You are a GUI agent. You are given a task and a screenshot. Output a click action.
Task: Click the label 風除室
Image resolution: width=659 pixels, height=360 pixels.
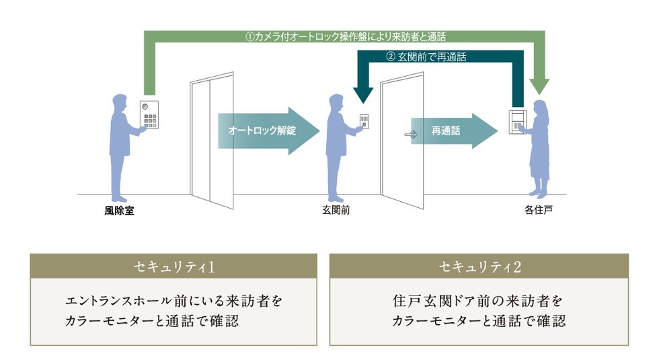[120, 210]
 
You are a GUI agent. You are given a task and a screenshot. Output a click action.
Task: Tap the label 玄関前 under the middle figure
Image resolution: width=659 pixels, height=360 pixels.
[336, 210]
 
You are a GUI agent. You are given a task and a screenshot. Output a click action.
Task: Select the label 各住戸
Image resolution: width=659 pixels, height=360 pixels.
[539, 210]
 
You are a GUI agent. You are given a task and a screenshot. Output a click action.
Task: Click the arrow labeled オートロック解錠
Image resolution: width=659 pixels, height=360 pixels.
[268, 131]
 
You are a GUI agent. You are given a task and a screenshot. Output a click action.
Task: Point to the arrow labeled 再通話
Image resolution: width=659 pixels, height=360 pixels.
[455, 131]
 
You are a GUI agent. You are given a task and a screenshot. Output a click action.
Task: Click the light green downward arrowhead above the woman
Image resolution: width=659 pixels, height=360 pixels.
[539, 86]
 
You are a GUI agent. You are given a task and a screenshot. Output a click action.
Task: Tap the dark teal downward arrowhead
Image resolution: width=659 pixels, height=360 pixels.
[363, 95]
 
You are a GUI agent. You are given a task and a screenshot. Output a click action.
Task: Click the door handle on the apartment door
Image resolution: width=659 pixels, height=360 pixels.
[411, 135]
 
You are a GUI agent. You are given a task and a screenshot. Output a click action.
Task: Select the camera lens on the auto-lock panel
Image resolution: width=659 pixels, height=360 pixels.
[145, 107]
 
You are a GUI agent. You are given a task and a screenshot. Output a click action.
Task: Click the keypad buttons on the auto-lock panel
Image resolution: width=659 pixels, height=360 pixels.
[150, 120]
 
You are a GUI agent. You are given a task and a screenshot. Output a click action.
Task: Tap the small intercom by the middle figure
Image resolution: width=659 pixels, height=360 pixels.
[364, 122]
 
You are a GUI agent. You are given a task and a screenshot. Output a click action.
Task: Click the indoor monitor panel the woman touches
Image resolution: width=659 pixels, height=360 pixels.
[517, 122]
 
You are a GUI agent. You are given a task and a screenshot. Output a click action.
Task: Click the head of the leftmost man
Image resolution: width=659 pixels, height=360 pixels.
[120, 102]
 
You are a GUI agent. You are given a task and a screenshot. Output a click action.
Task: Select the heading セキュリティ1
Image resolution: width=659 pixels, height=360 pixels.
[173, 266]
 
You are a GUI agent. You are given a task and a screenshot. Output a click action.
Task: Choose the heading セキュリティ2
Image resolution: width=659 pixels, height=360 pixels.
[479, 266]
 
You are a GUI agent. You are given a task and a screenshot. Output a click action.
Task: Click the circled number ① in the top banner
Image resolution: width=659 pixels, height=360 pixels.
[249, 37]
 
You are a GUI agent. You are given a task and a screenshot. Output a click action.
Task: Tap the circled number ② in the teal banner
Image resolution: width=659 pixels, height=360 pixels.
[391, 57]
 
